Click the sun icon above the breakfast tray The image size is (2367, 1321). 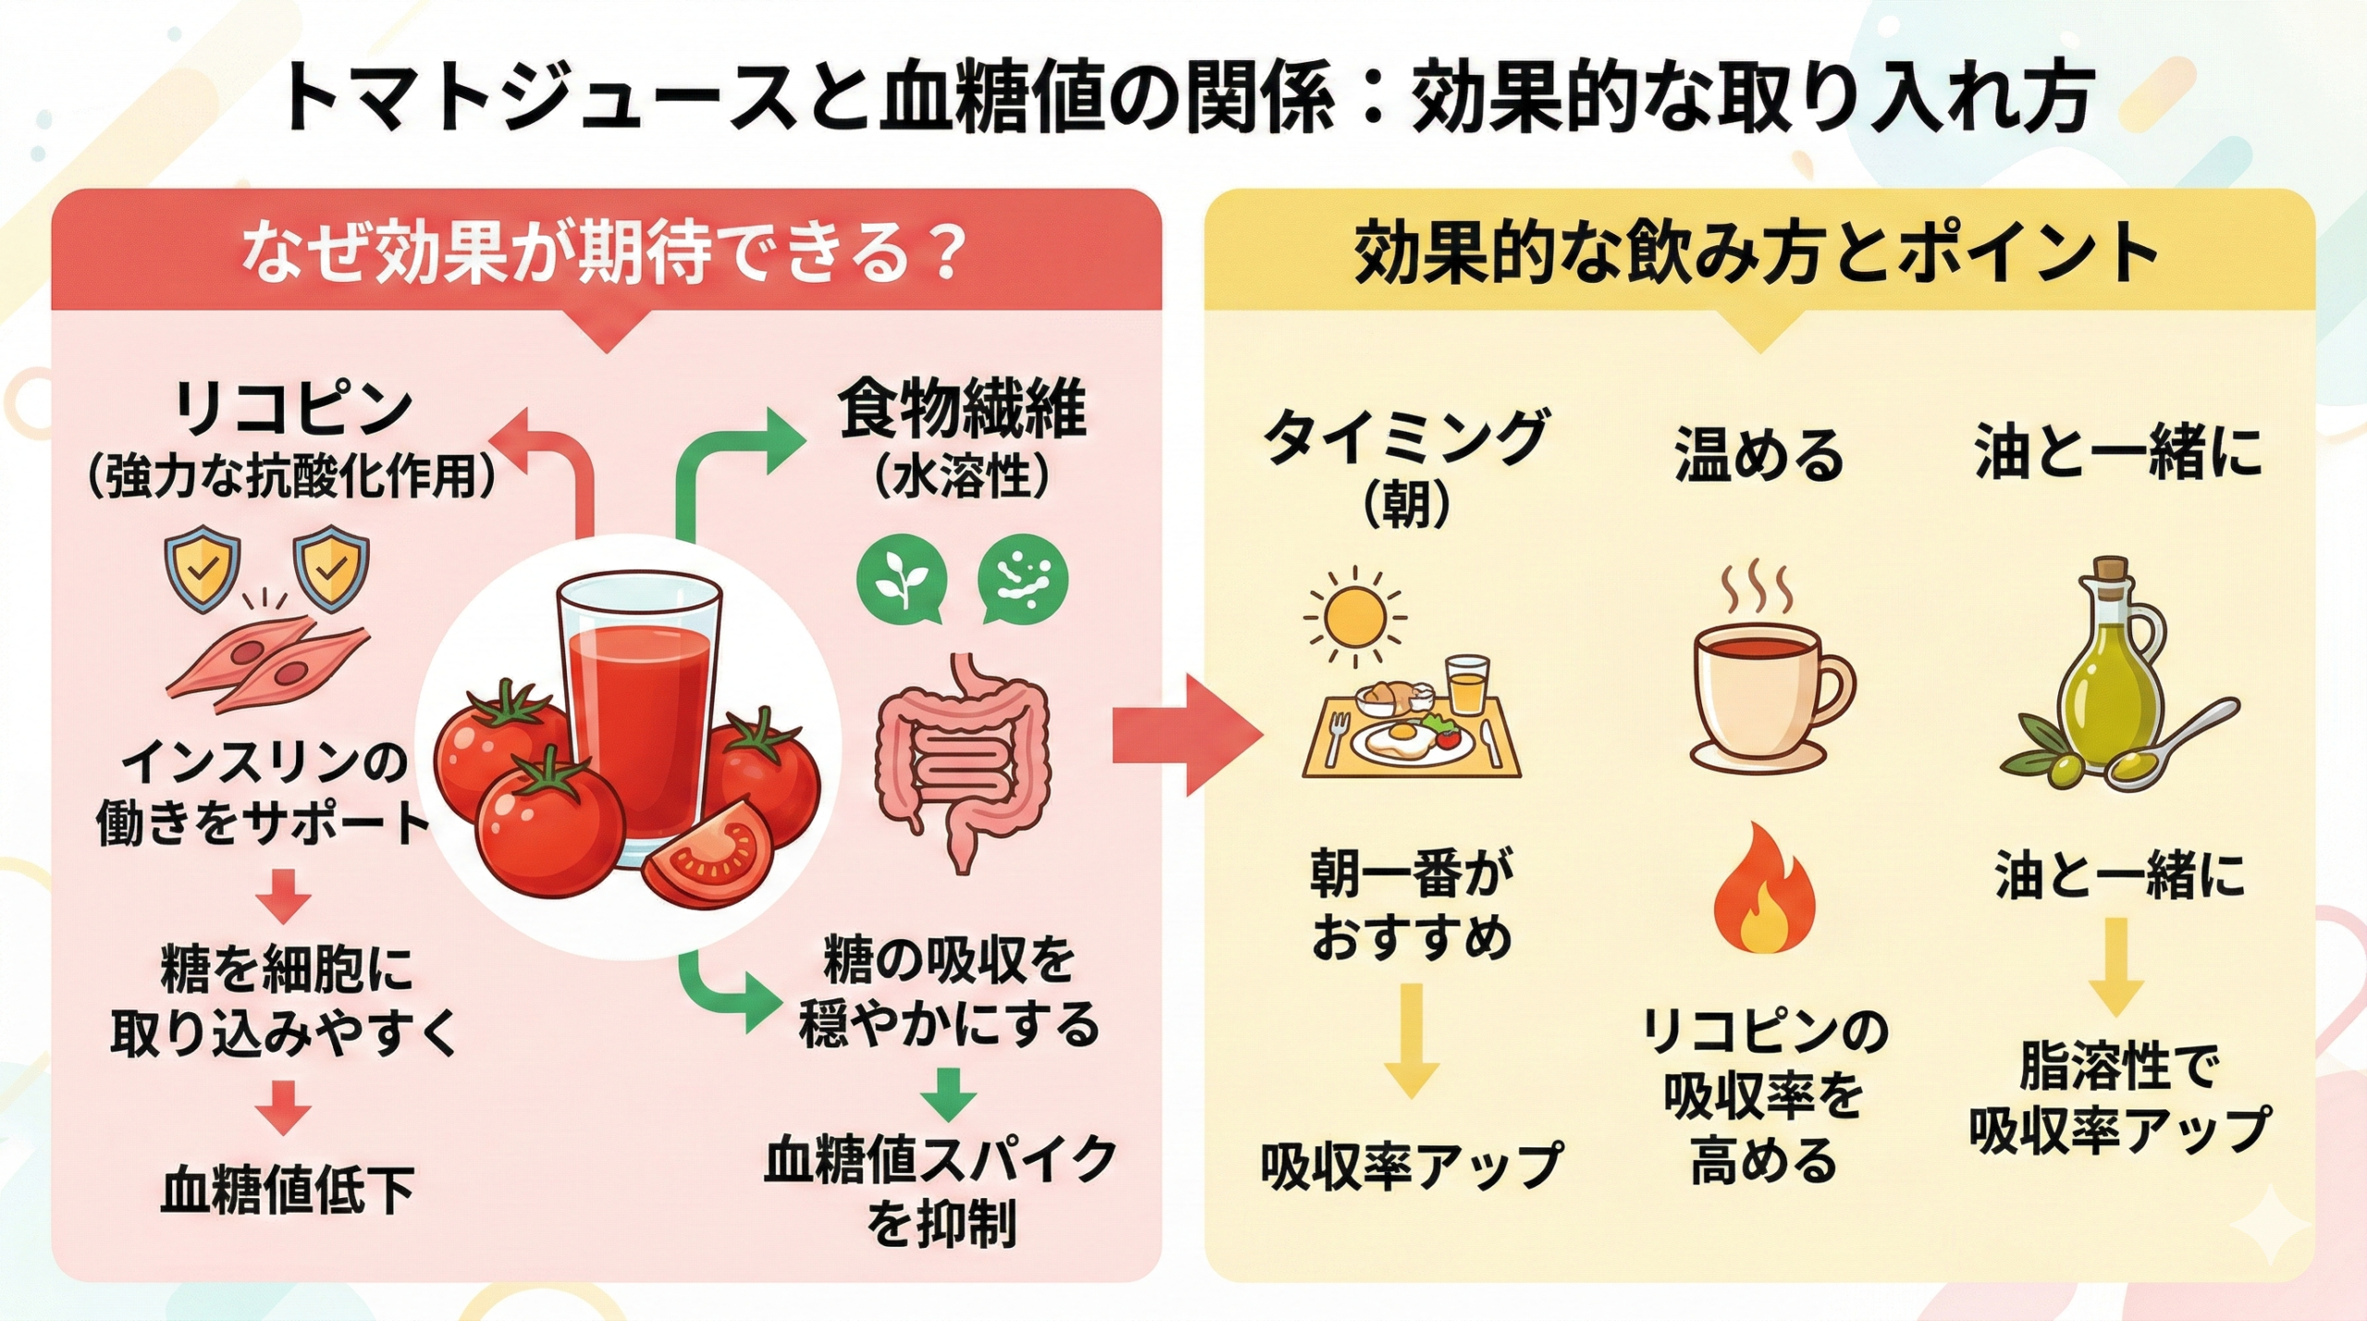pyautogui.click(x=1355, y=617)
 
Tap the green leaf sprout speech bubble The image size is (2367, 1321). pyautogui.click(x=901, y=581)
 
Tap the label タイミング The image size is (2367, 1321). pyautogui.click(x=1405, y=439)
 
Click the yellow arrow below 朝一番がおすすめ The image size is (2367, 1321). pyautogui.click(x=1411, y=1040)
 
